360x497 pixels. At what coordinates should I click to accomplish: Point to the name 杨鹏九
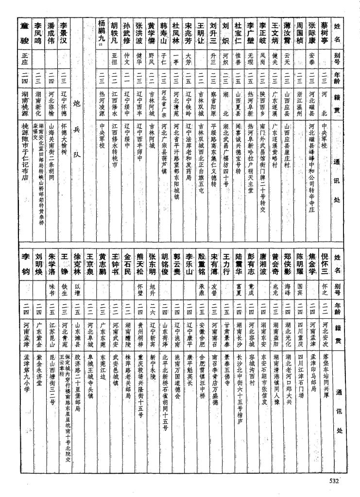click(102, 31)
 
